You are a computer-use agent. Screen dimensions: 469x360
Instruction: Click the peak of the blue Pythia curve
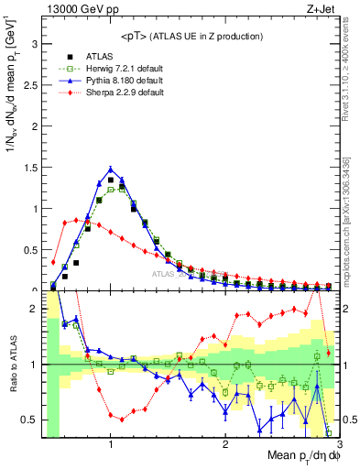click(x=111, y=168)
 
